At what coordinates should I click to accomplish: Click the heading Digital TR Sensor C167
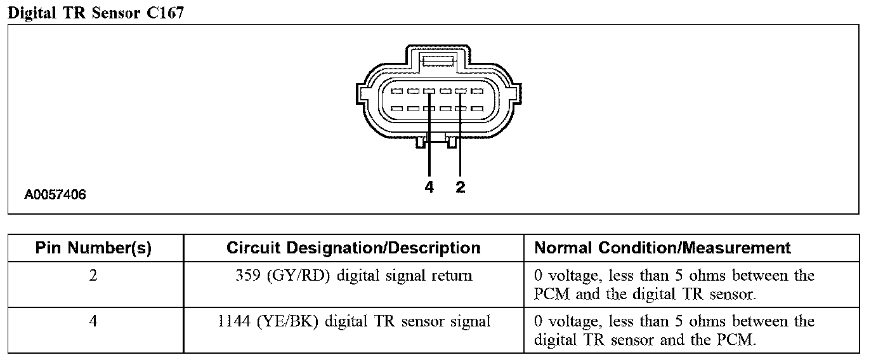tap(95, 13)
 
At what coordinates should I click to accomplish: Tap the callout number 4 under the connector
tap(429, 187)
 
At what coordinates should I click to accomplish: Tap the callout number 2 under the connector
tap(461, 187)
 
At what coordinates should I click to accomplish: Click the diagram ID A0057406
tap(55, 195)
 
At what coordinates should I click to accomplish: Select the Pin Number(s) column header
tap(93, 248)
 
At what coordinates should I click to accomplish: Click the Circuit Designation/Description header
tap(353, 248)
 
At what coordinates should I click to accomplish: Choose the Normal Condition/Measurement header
tap(662, 248)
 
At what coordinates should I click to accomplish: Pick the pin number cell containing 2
tap(93, 276)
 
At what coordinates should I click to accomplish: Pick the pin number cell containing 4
tap(93, 322)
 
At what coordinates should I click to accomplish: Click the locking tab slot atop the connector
tap(438, 62)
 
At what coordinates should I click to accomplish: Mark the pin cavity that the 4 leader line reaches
tap(429, 91)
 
